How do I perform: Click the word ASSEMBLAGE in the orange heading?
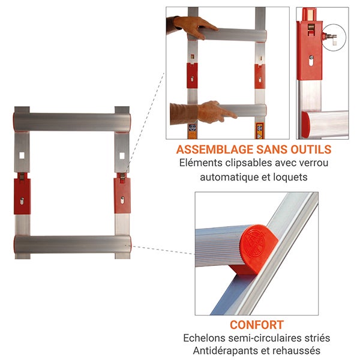click(214, 149)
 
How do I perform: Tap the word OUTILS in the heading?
click(311, 149)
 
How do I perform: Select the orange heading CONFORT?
click(257, 325)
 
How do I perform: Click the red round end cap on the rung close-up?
click(257, 248)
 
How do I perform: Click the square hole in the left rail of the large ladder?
click(22, 155)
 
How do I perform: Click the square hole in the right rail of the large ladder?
click(122, 156)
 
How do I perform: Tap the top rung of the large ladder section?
click(72, 122)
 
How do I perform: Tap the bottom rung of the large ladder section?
click(73, 245)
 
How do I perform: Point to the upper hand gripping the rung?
click(195, 26)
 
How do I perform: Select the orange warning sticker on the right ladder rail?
click(260, 131)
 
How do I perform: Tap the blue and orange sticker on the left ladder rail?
click(193, 131)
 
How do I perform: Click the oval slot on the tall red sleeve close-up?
click(311, 62)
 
